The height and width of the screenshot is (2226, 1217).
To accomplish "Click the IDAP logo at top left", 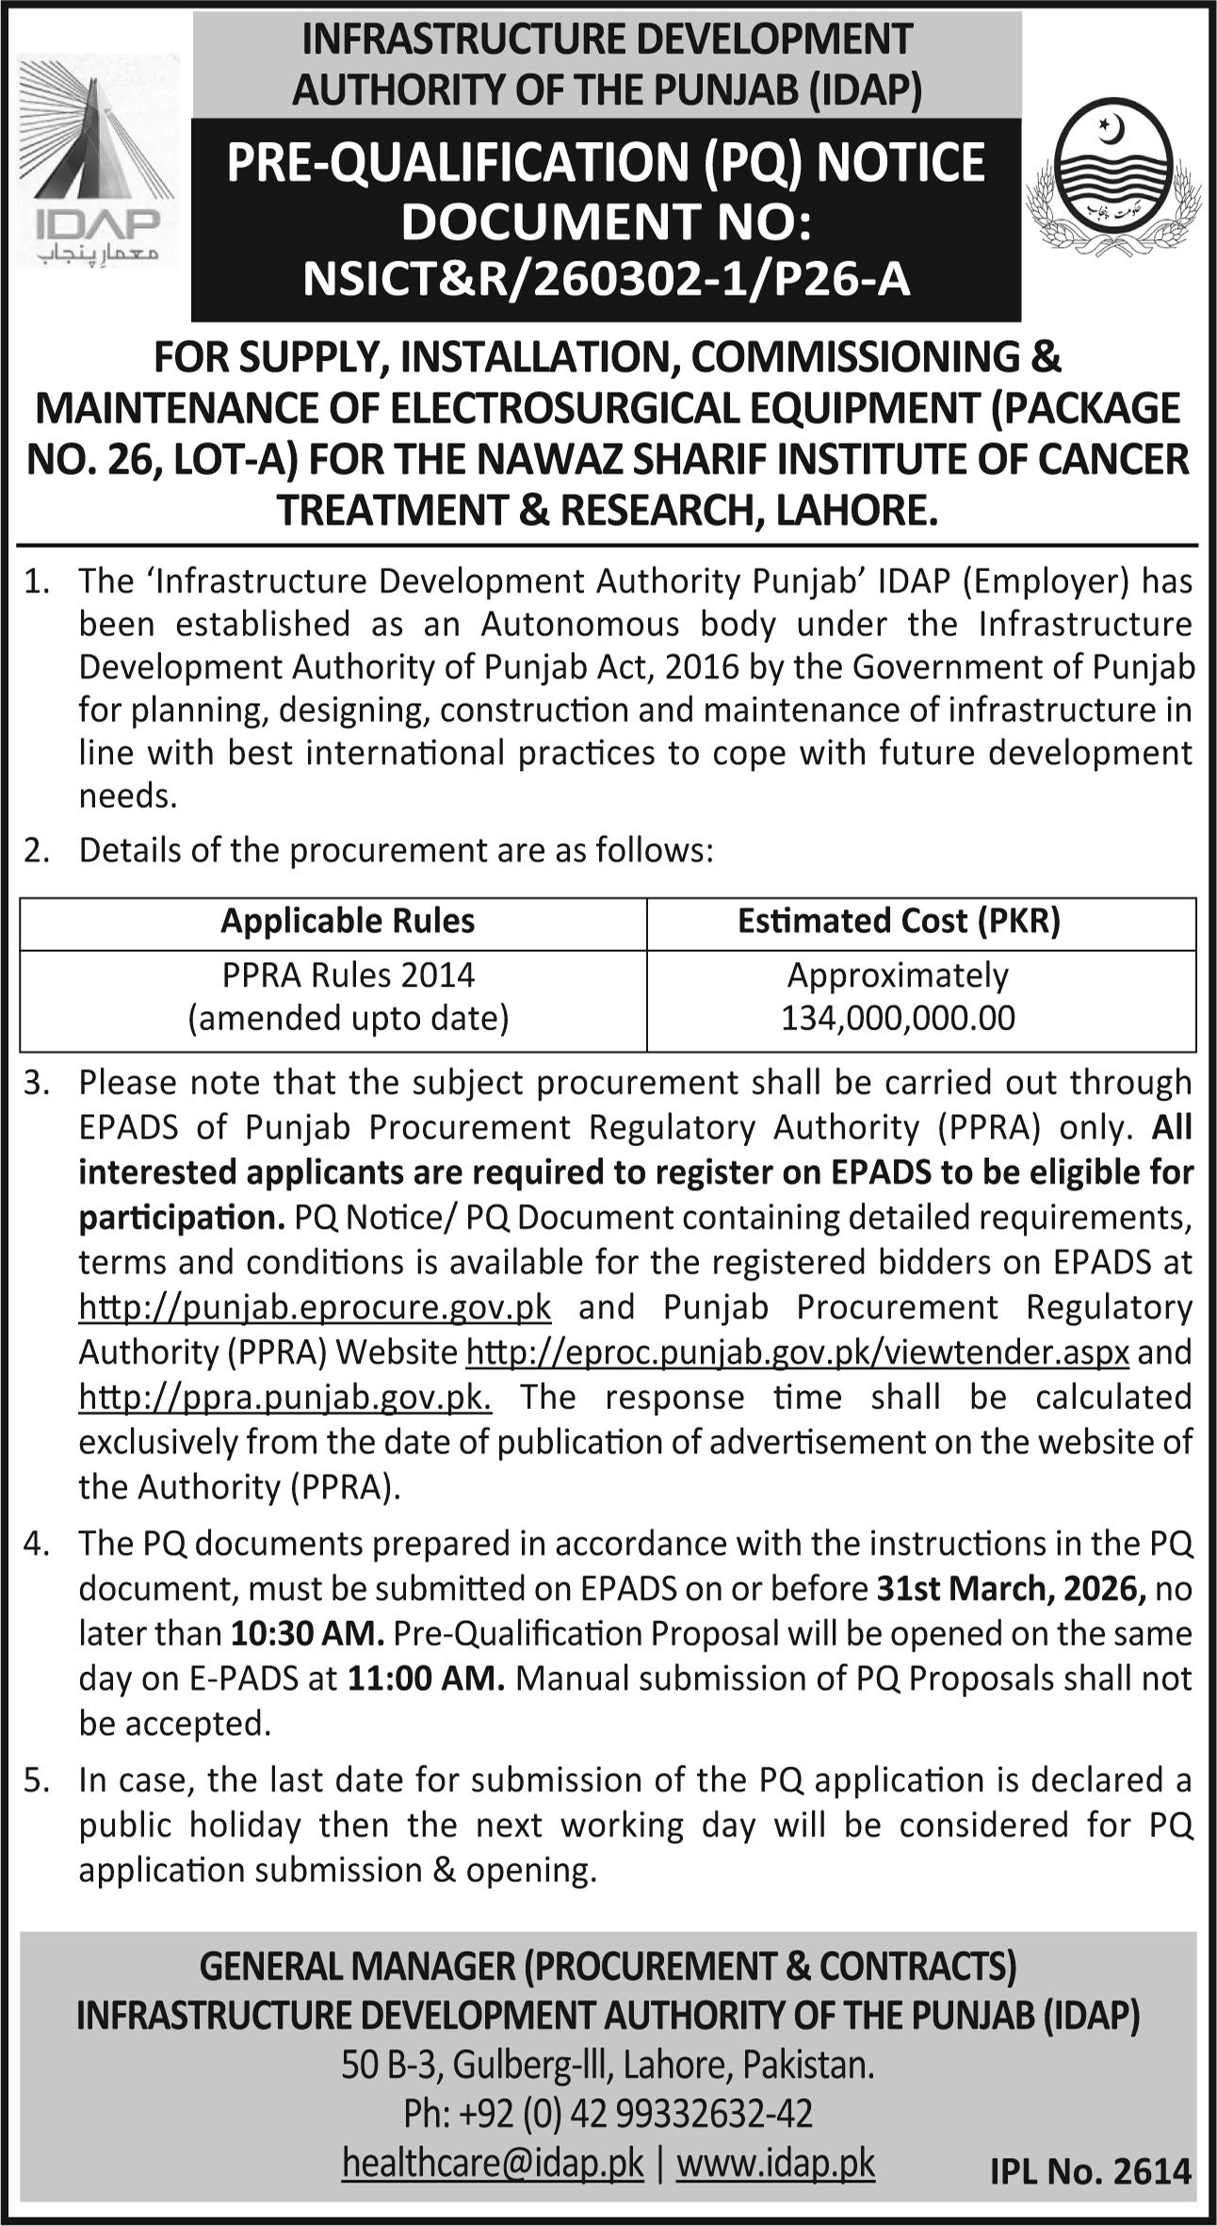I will click(x=98, y=160).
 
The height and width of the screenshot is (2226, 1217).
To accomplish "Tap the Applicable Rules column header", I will click(x=348, y=921).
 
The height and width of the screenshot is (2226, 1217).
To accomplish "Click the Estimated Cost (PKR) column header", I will click(x=899, y=921).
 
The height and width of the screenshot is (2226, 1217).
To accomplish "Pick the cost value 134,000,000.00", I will click(x=898, y=1018).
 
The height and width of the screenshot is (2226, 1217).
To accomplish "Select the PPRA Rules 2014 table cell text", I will click(x=348, y=974).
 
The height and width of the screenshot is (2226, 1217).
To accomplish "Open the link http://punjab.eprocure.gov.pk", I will click(x=315, y=1307).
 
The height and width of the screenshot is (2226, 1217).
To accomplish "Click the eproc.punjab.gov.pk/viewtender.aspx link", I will click(x=798, y=1352).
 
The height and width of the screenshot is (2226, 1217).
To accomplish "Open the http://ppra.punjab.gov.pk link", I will click(x=284, y=1397).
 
